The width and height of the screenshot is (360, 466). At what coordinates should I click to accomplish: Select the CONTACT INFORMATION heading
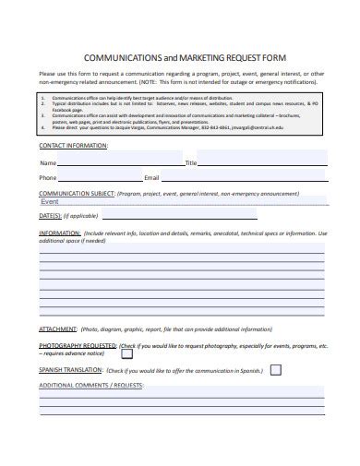pyautogui.click(x=74, y=145)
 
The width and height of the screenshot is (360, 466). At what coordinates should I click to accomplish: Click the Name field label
pyautogui.click(x=47, y=162)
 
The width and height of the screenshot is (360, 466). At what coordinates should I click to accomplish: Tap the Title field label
pyautogui.click(x=191, y=162)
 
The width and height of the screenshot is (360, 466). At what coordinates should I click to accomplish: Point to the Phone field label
pyautogui.click(x=48, y=177)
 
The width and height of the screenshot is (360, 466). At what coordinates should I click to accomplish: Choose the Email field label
pyautogui.click(x=152, y=177)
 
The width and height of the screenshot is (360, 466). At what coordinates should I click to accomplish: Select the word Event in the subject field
pyautogui.click(x=50, y=201)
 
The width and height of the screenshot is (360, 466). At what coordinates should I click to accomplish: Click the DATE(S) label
pyautogui.click(x=50, y=215)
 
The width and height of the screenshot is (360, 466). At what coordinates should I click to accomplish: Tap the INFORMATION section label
pyautogui.click(x=60, y=233)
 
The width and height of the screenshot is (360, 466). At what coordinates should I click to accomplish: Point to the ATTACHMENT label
pyautogui.click(x=56, y=329)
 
